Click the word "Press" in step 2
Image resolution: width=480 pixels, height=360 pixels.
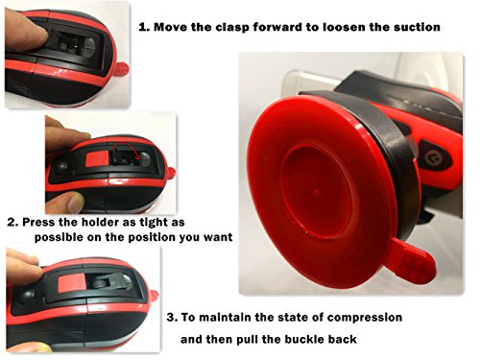coord(39,222)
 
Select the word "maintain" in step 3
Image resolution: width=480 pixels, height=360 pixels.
coord(225,318)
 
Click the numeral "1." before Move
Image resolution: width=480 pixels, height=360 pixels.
coord(144,27)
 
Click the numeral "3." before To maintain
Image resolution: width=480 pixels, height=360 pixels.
coord(172,318)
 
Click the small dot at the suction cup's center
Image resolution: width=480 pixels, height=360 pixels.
coord(317,192)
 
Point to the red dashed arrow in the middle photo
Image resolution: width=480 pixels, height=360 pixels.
coord(129,148)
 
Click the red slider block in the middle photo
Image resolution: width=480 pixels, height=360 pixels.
coord(98,159)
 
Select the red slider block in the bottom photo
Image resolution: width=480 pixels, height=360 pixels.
coord(72,282)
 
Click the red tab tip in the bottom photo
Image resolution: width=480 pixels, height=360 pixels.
coord(154,295)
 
